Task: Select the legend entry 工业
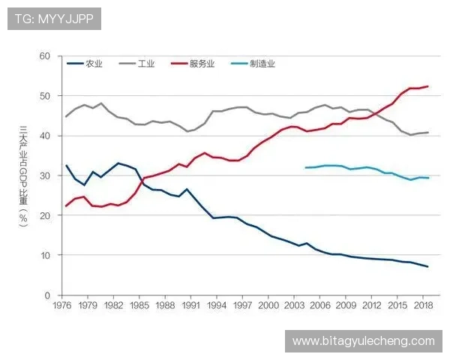tap(146, 64)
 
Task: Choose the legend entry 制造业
tap(262, 64)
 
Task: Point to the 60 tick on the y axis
tap(44, 56)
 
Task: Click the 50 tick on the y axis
tap(44, 96)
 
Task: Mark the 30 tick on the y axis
tap(44, 175)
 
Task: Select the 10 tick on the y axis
tap(44, 255)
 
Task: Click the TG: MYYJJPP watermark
tap(54, 19)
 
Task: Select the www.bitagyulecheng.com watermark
tap(363, 341)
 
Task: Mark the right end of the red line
tap(428, 87)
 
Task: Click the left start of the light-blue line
tap(306, 167)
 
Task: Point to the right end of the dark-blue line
tap(428, 267)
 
